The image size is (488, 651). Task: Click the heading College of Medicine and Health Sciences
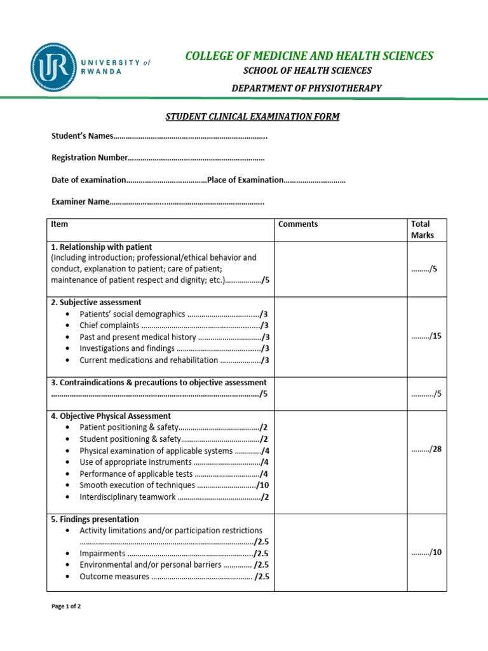tap(309, 56)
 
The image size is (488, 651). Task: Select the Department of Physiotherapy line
tap(306, 88)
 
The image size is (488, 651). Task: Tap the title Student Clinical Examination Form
tap(252, 116)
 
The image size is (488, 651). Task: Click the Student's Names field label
tap(82, 136)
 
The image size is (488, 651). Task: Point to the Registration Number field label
tap(90, 158)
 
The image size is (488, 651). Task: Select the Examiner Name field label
tap(80, 202)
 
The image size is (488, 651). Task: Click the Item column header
tap(60, 224)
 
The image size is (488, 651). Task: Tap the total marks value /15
tap(426, 336)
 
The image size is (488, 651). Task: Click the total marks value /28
tap(426, 449)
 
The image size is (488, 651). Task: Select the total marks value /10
tap(426, 552)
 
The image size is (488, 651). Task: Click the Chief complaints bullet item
tap(109, 325)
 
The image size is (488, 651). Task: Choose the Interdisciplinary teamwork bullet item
tap(127, 497)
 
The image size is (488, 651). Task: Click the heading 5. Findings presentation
tap(95, 519)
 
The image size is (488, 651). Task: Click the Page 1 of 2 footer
tap(66, 606)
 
